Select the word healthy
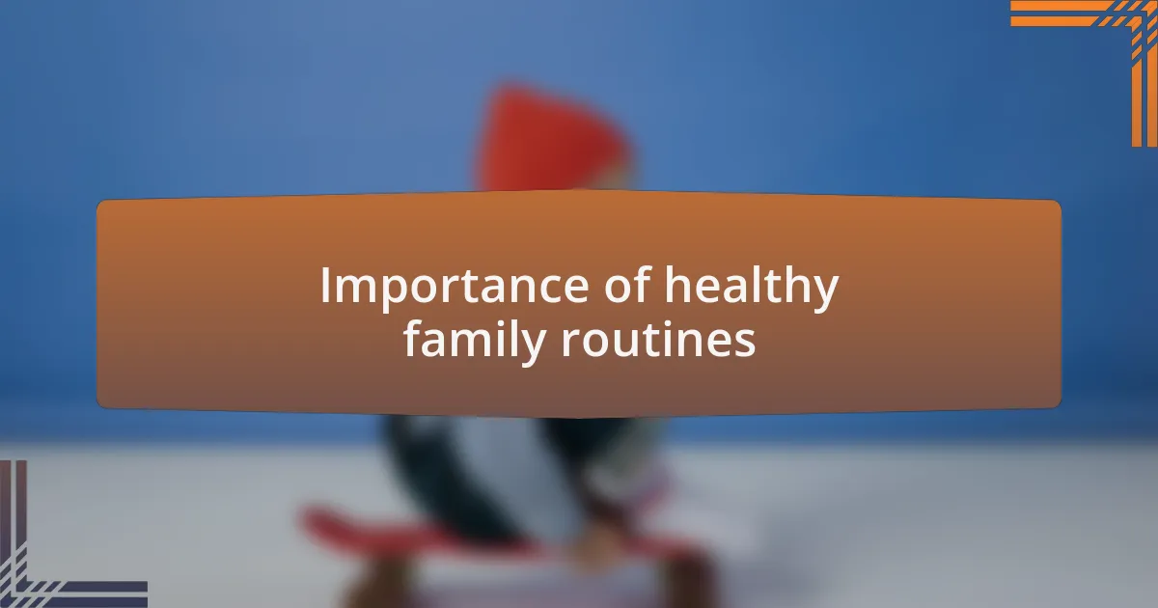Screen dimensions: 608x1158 (x=751, y=287)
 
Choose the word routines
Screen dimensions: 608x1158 (x=659, y=340)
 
